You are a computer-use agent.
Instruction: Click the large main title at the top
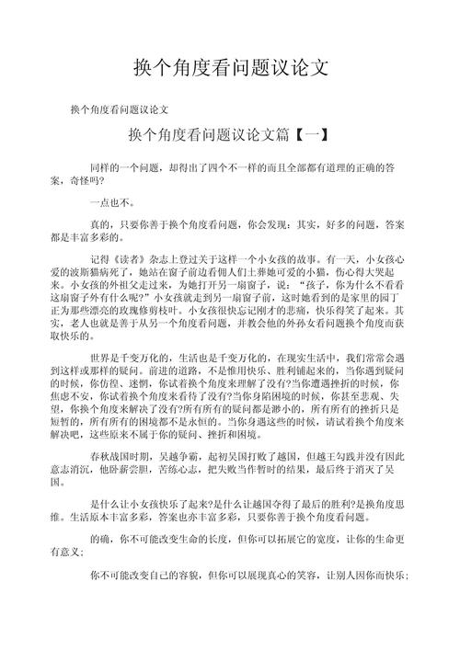coord(230,69)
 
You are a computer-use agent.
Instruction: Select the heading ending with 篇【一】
coord(230,135)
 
